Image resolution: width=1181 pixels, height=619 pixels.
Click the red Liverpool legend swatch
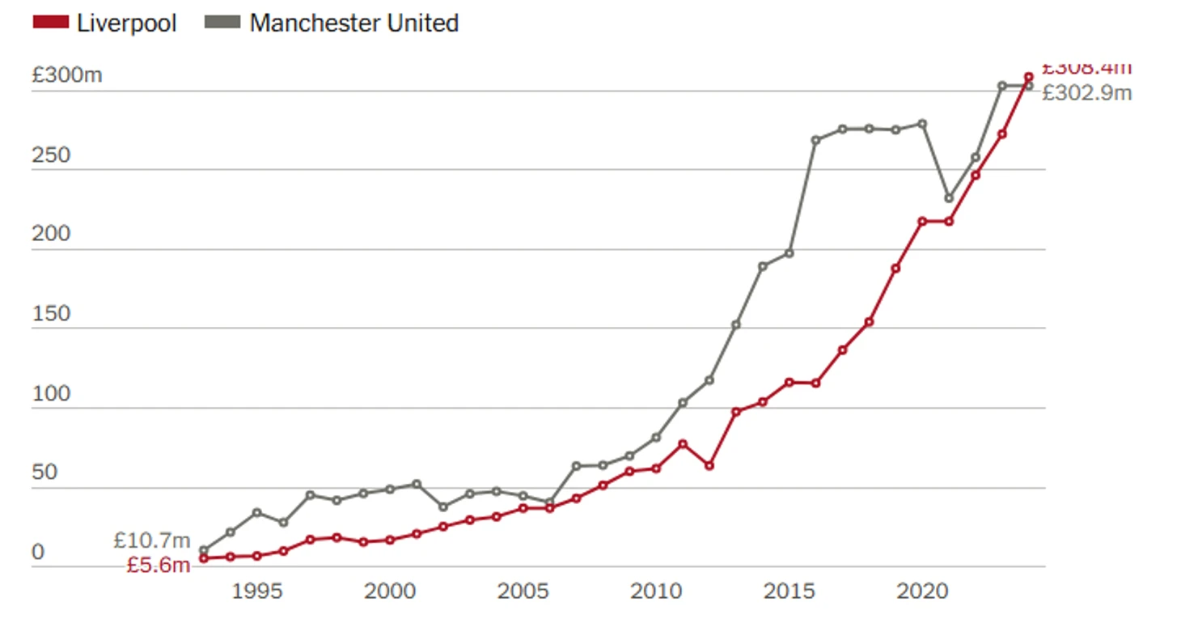[x=50, y=23]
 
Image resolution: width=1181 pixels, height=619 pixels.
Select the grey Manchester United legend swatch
[x=222, y=23]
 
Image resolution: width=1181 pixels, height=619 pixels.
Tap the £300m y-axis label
[x=67, y=75]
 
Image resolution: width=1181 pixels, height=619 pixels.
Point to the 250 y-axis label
[x=51, y=155]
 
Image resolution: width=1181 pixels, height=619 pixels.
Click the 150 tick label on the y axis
[x=51, y=314]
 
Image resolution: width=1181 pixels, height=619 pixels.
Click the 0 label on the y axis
[x=38, y=553]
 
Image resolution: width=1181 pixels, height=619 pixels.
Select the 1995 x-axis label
[x=256, y=591]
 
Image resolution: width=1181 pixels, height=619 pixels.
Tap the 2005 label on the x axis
[x=523, y=591]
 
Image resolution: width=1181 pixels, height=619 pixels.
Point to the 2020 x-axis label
[x=922, y=591]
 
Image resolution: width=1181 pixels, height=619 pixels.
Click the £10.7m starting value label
[x=151, y=540]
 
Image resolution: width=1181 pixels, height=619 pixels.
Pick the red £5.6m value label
[x=158, y=565]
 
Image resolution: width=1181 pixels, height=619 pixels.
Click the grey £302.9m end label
[x=1086, y=93]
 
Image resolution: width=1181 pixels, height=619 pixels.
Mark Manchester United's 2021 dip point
[x=949, y=198]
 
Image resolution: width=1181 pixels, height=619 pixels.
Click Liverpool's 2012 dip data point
[x=709, y=465]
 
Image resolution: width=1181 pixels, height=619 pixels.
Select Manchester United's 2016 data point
[x=815, y=140]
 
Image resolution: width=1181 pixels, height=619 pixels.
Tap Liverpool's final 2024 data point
[x=1029, y=77]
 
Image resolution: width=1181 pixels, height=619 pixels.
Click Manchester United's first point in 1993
[x=204, y=550]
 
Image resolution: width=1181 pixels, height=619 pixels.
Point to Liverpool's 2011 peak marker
[x=683, y=443]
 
